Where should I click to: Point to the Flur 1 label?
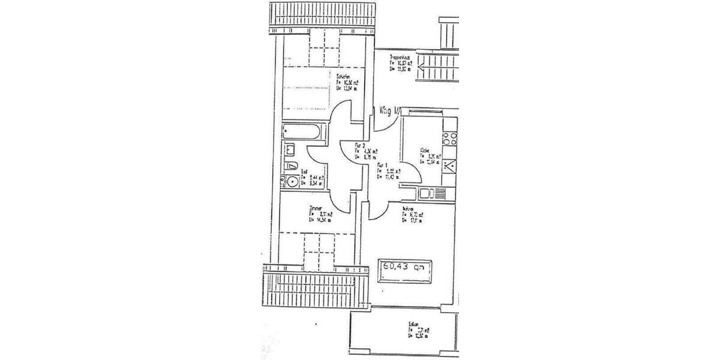tap(382, 165)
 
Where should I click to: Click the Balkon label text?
tap(414, 325)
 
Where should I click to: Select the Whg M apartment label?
tap(389, 110)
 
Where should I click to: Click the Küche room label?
tap(425, 151)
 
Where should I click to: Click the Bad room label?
tap(305, 172)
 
